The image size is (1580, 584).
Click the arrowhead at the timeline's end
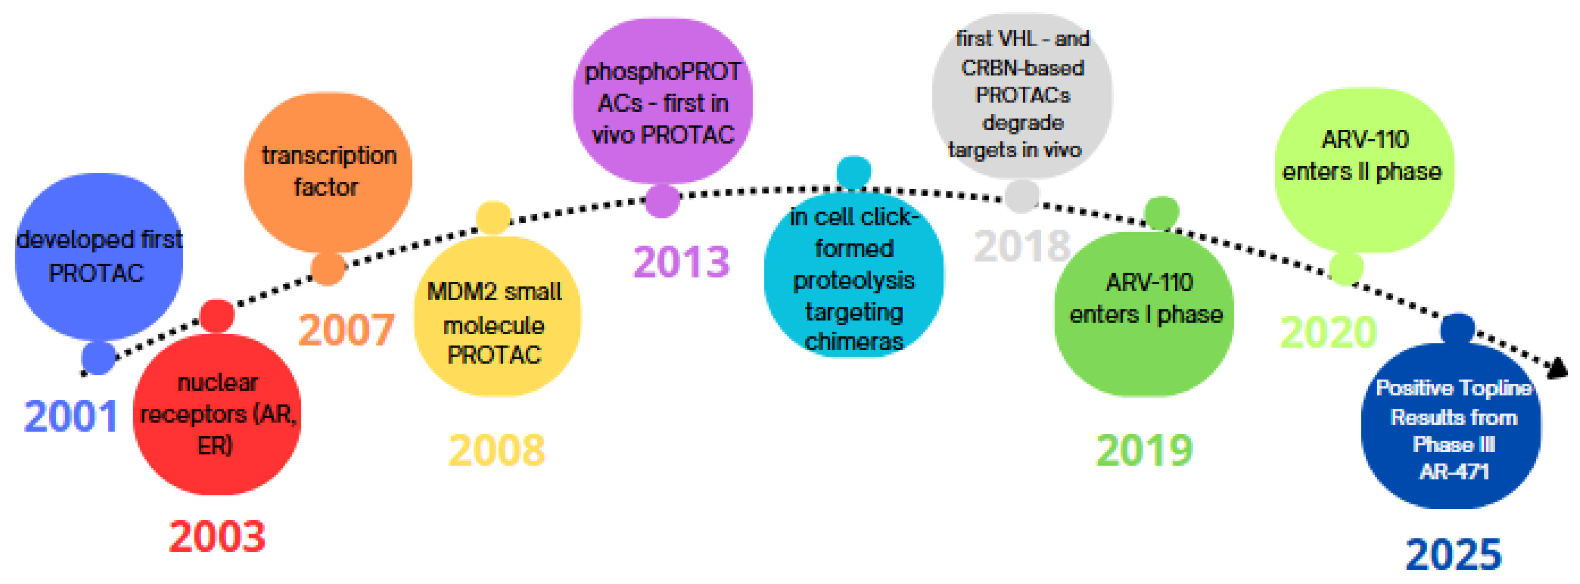tap(1558, 368)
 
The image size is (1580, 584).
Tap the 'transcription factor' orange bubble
tap(328, 172)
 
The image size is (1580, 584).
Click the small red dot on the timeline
tap(217, 316)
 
